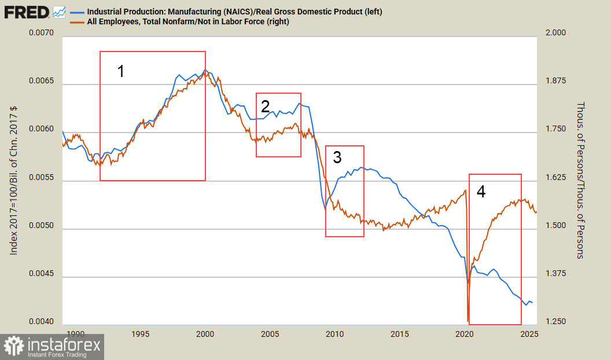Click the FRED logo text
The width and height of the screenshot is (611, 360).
click(27, 12)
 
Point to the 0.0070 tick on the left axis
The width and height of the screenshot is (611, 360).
click(41, 34)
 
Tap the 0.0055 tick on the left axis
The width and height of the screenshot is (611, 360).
click(41, 181)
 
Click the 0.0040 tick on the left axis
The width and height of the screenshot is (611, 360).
click(41, 322)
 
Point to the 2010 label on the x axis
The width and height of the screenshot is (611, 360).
click(335, 334)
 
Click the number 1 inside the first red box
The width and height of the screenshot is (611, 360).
click(121, 71)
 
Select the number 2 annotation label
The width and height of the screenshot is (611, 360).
click(266, 106)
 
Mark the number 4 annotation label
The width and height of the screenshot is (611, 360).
click(481, 192)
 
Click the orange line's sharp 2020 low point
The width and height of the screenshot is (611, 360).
click(468, 320)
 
